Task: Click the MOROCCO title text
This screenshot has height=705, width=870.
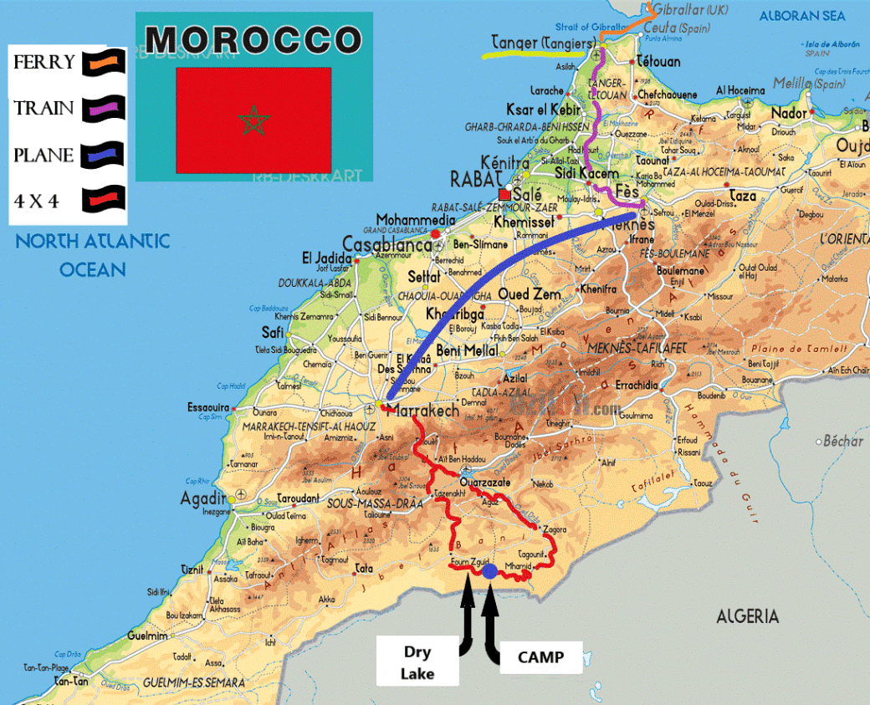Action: click(x=253, y=39)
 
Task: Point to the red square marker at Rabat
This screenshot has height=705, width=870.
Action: click(x=504, y=193)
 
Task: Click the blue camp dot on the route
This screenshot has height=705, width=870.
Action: click(x=489, y=571)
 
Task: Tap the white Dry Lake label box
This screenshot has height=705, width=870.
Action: click(x=417, y=661)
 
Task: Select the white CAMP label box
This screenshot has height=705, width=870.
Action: click(x=541, y=657)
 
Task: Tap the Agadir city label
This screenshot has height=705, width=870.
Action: click(x=203, y=499)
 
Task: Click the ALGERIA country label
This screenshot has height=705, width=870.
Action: click(x=747, y=616)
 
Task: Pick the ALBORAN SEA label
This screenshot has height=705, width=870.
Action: click(x=801, y=15)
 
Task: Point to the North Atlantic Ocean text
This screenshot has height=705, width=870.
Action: click(x=92, y=255)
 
